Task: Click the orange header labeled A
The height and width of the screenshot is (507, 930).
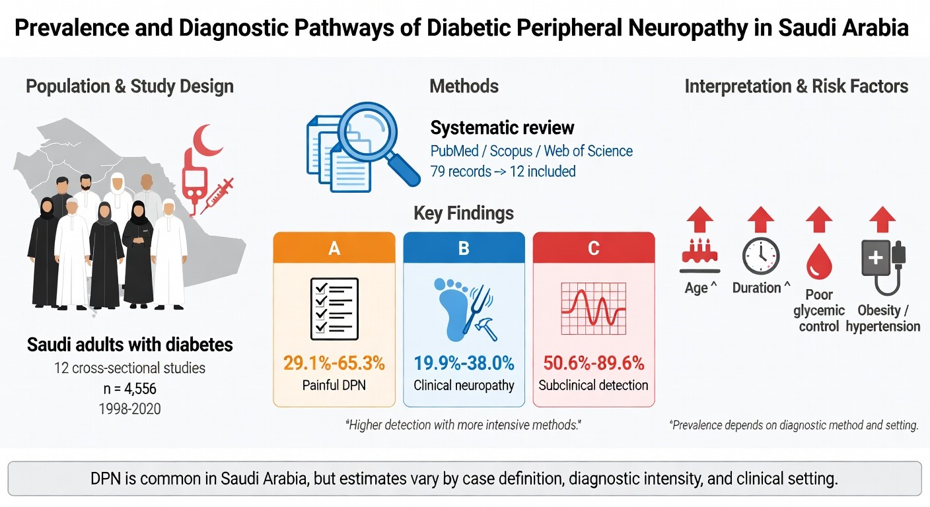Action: click(x=334, y=248)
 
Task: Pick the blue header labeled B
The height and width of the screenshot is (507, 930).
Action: click(x=464, y=248)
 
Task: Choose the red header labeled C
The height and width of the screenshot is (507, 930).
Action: click(x=593, y=248)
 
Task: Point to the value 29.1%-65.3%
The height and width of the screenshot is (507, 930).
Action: click(x=334, y=362)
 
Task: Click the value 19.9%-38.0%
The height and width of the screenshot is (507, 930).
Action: click(x=464, y=362)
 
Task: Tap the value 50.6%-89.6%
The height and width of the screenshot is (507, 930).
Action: click(x=593, y=362)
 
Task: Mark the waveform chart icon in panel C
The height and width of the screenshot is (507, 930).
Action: click(x=593, y=308)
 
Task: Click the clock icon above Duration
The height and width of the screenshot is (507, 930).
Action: click(x=761, y=256)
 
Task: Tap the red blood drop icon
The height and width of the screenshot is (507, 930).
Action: click(x=819, y=263)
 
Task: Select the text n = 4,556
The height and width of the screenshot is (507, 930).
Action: click(x=129, y=388)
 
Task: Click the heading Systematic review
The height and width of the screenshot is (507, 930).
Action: click(x=503, y=127)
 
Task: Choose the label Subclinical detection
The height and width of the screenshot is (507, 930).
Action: click(x=593, y=385)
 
